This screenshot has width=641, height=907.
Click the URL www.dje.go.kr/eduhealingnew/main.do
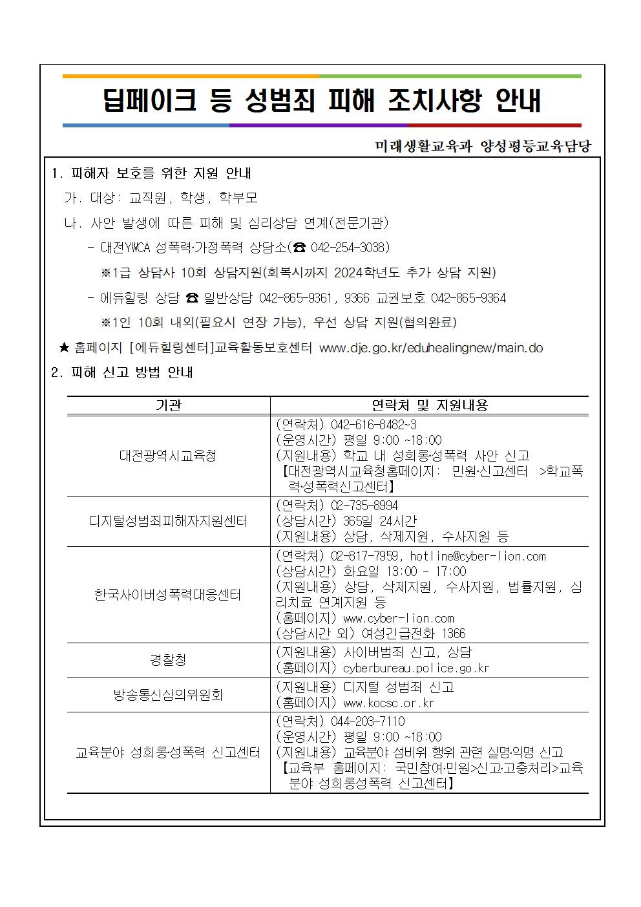[431, 348]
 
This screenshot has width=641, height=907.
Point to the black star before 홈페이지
[64, 348]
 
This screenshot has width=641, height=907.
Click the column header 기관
[169, 405]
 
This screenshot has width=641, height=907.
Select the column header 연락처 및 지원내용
[430, 405]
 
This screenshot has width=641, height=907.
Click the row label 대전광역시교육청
[168, 455]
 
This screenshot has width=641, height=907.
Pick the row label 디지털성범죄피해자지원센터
[168, 520]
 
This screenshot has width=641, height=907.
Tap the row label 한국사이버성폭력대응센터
[168, 594]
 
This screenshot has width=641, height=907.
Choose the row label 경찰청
[168, 659]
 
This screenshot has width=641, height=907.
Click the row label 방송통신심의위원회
[168, 694]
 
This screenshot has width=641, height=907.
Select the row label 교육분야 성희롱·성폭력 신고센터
[168, 752]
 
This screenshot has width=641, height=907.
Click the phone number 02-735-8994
[364, 505]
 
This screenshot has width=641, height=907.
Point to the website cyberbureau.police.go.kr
[416, 668]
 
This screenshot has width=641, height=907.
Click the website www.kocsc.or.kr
[389, 703]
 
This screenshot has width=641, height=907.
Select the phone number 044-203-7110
[368, 721]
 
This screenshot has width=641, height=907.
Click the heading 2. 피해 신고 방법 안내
[122, 373]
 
